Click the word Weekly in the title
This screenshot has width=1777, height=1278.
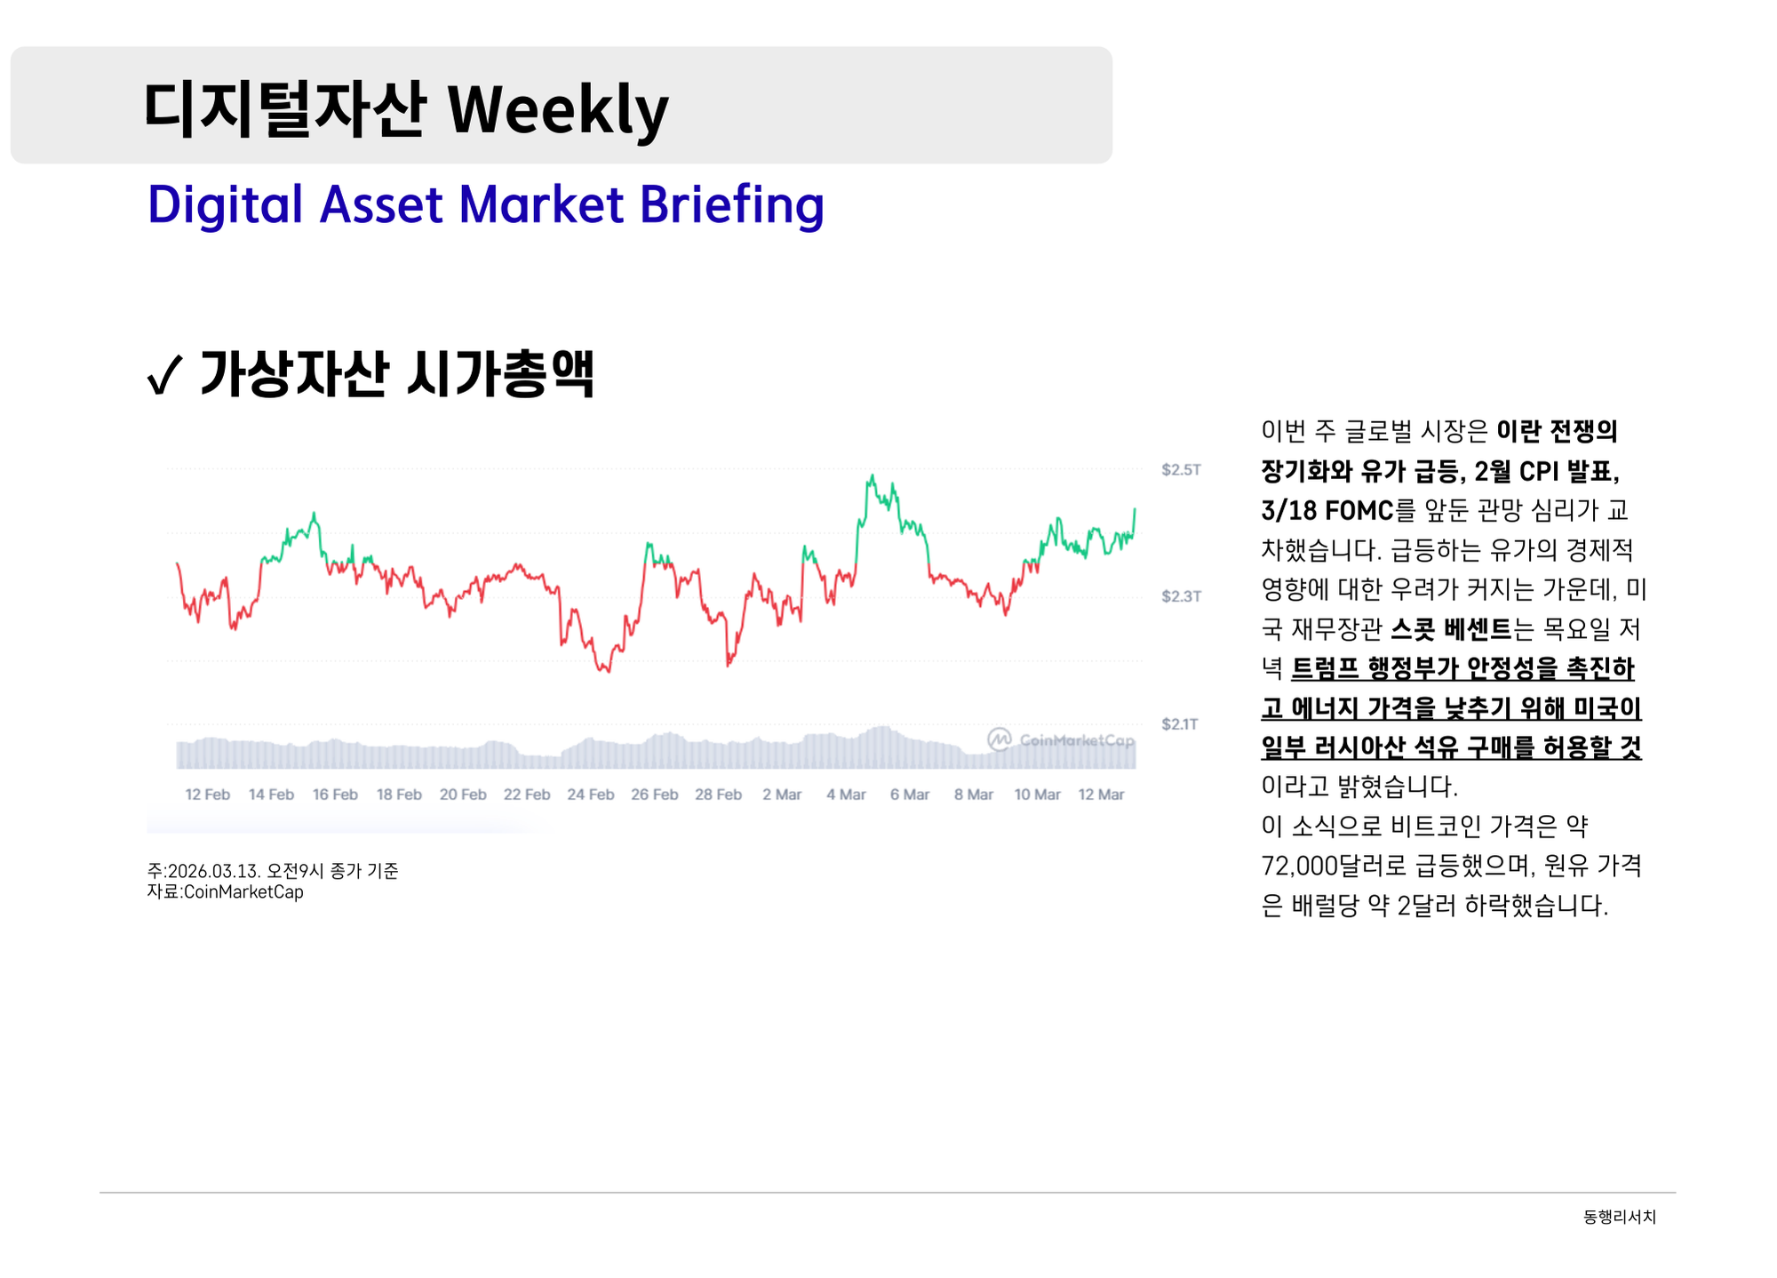click(x=558, y=110)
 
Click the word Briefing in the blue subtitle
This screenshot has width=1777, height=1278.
click(x=731, y=205)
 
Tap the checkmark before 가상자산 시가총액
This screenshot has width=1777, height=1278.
click(x=164, y=375)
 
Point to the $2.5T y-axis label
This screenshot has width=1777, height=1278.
click(x=1181, y=469)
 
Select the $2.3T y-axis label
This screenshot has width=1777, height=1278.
click(x=1181, y=596)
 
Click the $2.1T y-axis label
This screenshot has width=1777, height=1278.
click(x=1180, y=724)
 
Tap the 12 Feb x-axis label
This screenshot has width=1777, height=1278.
click(x=207, y=795)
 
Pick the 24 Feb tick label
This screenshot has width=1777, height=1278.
click(x=591, y=795)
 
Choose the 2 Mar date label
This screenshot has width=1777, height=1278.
click(x=782, y=795)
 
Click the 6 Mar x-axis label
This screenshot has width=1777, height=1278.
click(x=910, y=795)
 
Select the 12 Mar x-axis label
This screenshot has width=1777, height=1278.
click(x=1101, y=795)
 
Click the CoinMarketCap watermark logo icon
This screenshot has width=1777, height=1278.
click(x=1000, y=739)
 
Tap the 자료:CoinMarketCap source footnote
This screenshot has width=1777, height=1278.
click(x=226, y=892)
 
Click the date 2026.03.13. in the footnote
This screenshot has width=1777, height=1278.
click(x=214, y=871)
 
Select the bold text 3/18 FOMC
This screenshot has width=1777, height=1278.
click(x=1327, y=511)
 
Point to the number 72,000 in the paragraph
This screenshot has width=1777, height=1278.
click(x=1300, y=866)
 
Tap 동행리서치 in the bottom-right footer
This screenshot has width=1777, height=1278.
click(x=1620, y=1217)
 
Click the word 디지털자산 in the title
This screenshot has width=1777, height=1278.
click(x=285, y=110)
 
